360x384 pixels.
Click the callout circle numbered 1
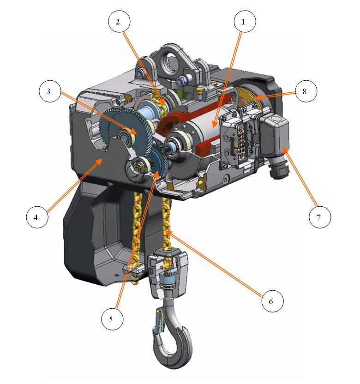click(x=245, y=21)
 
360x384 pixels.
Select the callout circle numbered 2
click(x=119, y=21)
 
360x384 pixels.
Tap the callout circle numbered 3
click(x=50, y=91)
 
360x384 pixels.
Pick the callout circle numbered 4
click(x=37, y=217)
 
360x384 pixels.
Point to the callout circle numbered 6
click(x=272, y=301)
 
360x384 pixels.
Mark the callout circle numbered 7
click(x=320, y=217)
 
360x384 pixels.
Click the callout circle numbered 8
click(x=306, y=91)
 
